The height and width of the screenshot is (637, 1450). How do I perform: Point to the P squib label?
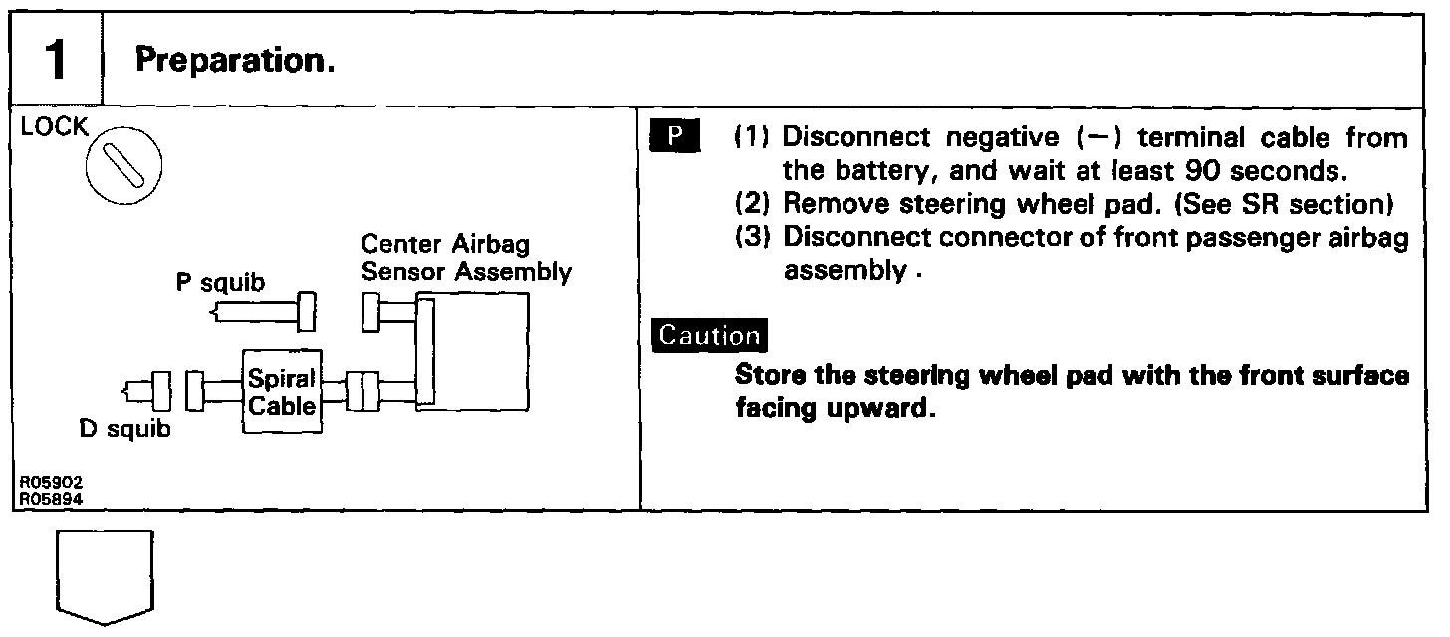click(220, 283)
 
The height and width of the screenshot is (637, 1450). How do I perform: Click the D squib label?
click(125, 430)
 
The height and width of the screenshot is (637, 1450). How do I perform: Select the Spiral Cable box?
click(282, 392)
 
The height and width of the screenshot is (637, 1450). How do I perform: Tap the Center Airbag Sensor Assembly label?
click(466, 257)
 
